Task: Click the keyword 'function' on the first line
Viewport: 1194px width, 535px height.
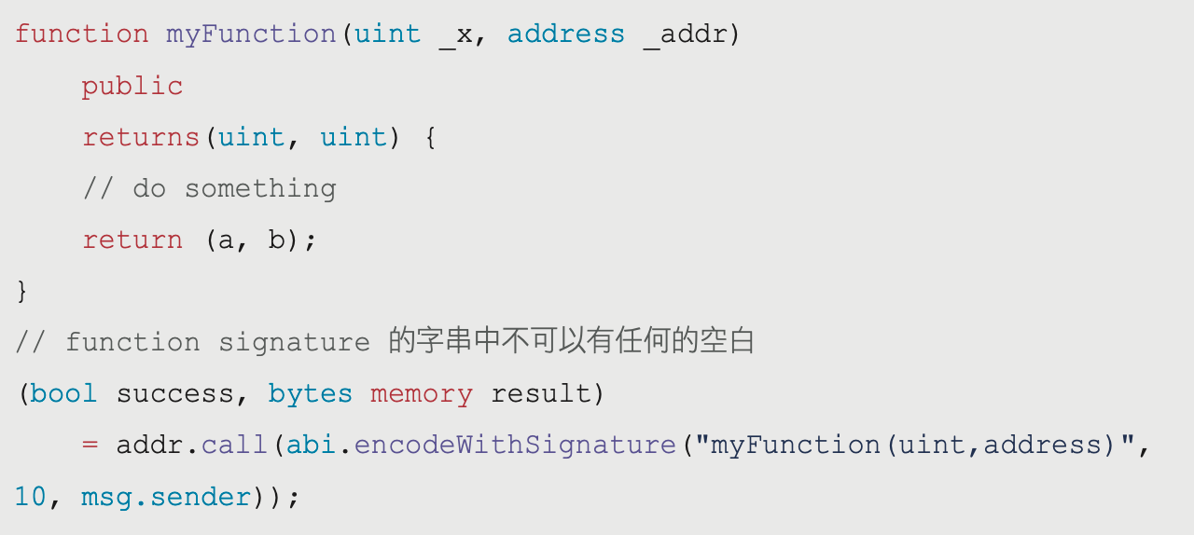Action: [82, 34]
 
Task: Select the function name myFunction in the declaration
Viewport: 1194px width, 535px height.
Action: [251, 34]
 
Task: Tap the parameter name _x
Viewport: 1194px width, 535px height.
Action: [455, 34]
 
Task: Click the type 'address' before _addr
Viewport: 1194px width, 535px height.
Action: [566, 34]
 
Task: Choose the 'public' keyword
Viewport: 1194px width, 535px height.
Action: [132, 87]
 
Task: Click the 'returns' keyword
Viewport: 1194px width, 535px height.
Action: [141, 138]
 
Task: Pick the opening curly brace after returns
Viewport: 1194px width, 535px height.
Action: [430, 138]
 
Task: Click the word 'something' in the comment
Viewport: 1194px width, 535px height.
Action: [260, 189]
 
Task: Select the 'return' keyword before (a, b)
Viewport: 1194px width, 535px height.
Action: [132, 240]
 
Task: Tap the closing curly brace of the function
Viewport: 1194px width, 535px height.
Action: [22, 292]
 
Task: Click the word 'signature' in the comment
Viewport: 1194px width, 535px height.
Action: [294, 343]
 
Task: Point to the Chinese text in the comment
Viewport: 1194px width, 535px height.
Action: [571, 342]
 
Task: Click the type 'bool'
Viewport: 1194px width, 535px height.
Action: [63, 394]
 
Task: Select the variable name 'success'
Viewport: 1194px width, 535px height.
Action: [175, 394]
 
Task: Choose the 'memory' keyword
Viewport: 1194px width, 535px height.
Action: [421, 394]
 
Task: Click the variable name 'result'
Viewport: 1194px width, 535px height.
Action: [541, 394]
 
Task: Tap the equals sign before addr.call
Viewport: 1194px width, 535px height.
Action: [90, 446]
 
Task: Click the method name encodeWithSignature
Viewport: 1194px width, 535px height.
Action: [515, 446]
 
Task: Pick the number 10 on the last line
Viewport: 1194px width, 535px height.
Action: [31, 497]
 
